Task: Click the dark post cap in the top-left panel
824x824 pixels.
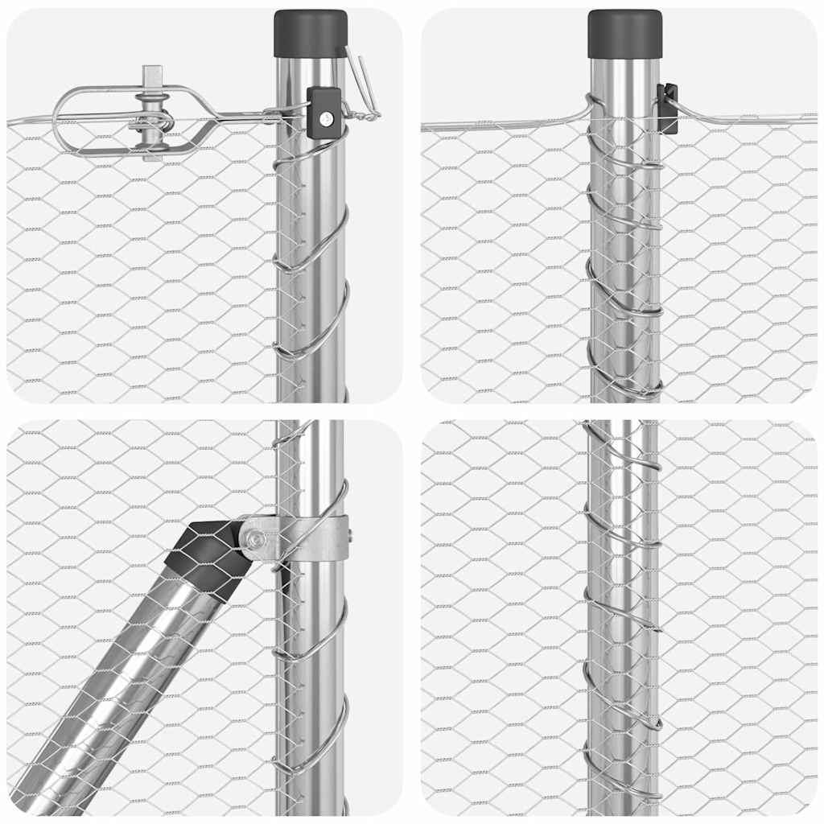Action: click(x=311, y=33)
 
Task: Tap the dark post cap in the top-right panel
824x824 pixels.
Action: click(x=624, y=34)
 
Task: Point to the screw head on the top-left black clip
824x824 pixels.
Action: click(x=324, y=118)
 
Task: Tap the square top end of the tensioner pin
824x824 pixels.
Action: click(x=153, y=77)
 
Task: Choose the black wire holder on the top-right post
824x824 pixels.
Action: click(x=667, y=108)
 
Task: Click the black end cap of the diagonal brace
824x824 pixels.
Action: click(x=207, y=556)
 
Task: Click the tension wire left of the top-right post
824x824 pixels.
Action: click(x=499, y=126)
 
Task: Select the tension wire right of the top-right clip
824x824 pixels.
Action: click(x=748, y=121)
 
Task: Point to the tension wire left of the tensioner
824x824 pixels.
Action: click(x=28, y=122)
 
